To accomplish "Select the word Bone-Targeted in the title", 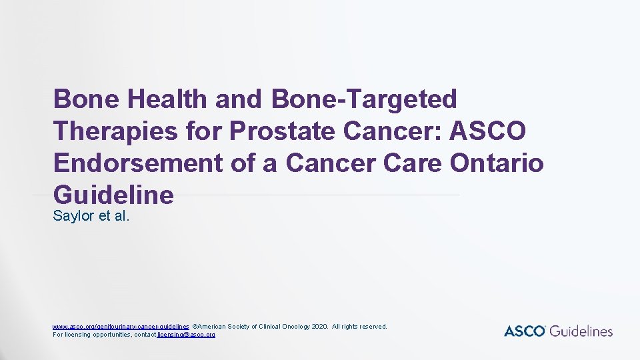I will coord(365,99).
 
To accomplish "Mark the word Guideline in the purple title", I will coord(113,195).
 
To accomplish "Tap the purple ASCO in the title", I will coord(488,131).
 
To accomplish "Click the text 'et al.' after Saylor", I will coord(115,216).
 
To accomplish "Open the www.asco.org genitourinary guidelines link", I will coord(121,326).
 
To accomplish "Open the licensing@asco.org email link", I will coord(186,334).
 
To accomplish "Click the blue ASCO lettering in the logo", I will coord(525,331).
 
